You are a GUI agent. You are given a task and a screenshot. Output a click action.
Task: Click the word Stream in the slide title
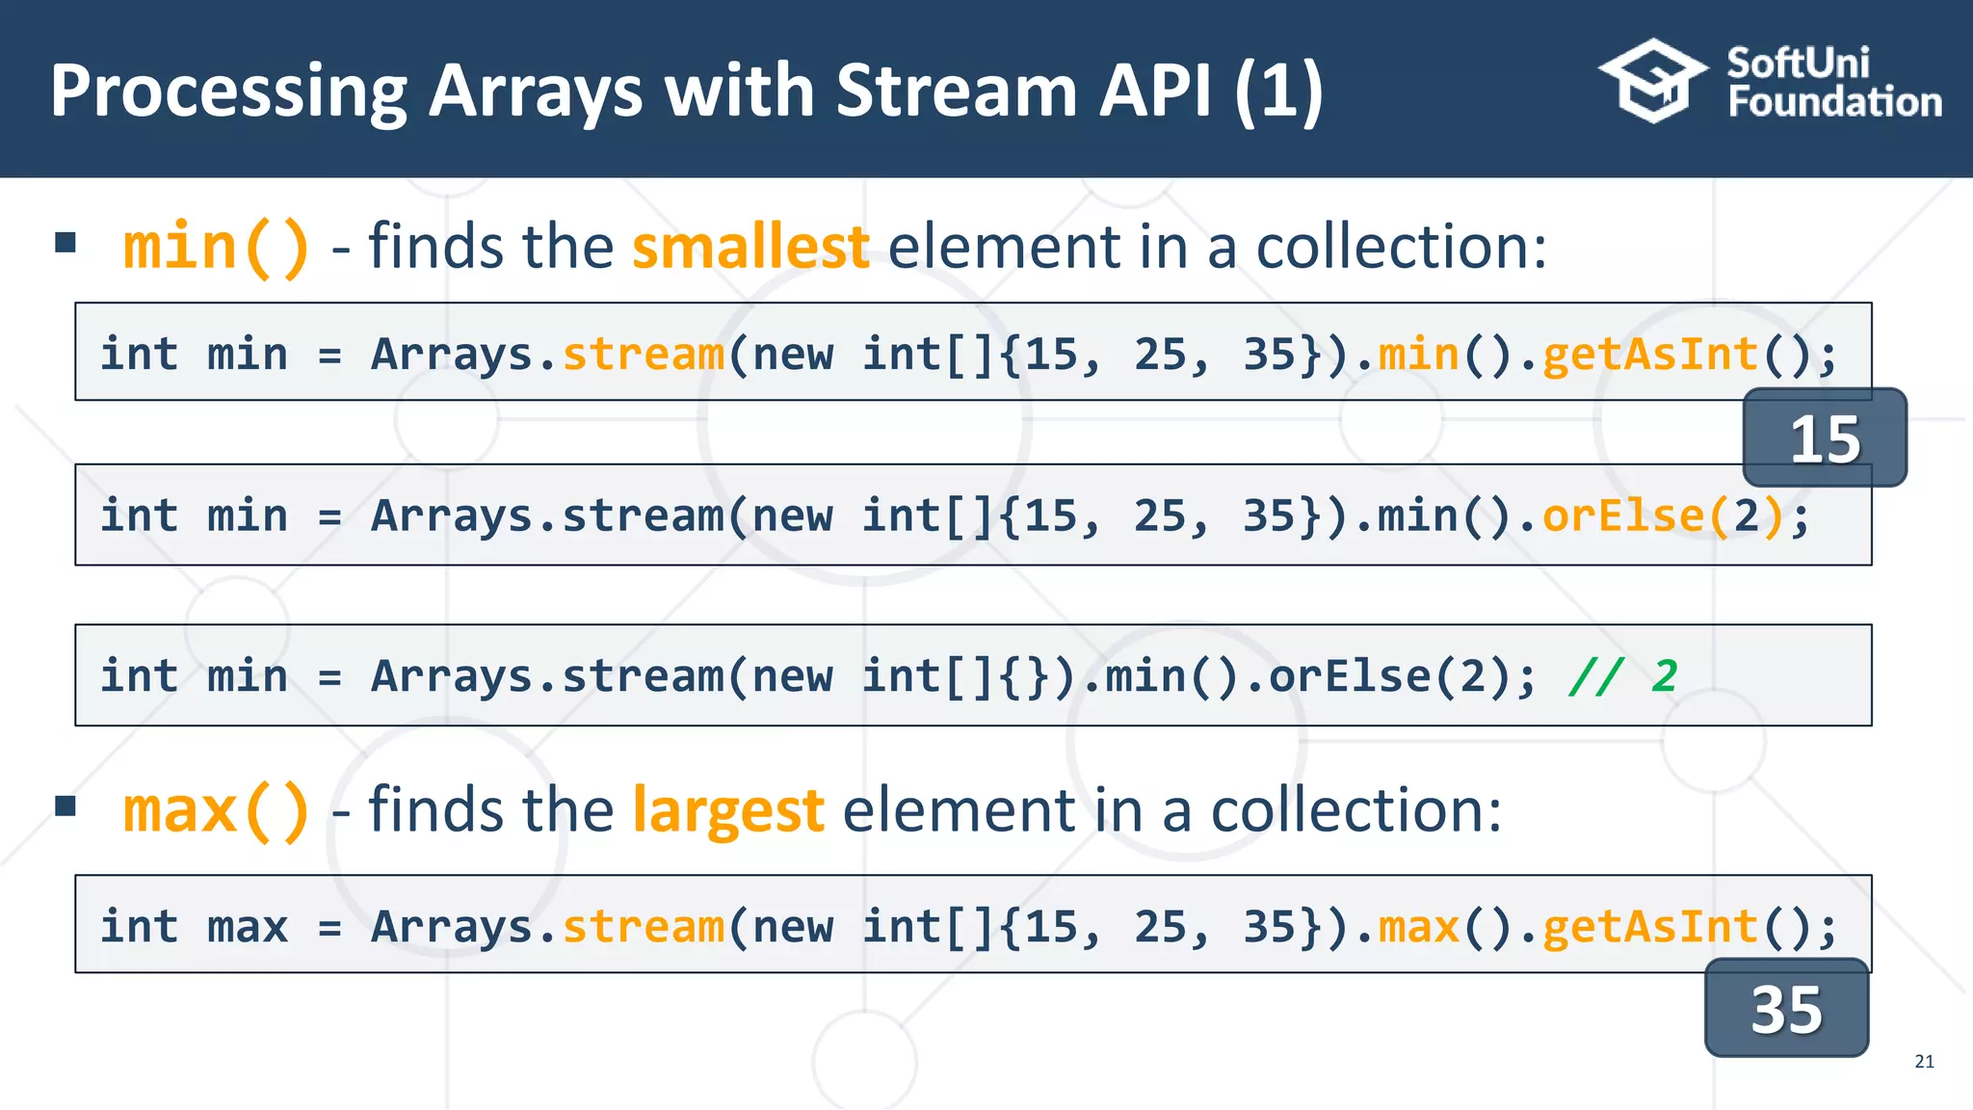pyautogui.click(x=958, y=91)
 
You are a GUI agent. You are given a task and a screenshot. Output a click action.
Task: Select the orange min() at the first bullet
pyautogui.click(x=216, y=247)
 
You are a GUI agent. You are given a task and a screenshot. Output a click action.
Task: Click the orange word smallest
pyautogui.click(x=750, y=247)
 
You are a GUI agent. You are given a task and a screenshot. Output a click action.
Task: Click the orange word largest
pyautogui.click(x=727, y=809)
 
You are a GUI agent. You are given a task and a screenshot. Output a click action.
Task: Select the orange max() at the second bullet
pyautogui.click(x=216, y=809)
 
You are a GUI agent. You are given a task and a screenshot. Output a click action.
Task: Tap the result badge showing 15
pyautogui.click(x=1824, y=438)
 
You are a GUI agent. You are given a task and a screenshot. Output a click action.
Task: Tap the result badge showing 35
pyautogui.click(x=1786, y=1009)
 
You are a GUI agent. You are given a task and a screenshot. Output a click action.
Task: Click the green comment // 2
pyautogui.click(x=1622, y=675)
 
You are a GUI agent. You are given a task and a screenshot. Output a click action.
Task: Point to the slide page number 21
pyautogui.click(x=1924, y=1061)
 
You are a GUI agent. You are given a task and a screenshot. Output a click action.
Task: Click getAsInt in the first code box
pyautogui.click(x=1650, y=354)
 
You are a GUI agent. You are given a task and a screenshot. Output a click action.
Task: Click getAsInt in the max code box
pyautogui.click(x=1650, y=926)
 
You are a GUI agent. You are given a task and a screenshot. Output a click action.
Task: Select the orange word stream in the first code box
pyautogui.click(x=643, y=354)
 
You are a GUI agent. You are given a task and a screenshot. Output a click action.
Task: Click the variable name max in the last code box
pyautogui.click(x=247, y=926)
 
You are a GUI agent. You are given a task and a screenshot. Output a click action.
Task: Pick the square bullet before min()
pyautogui.click(x=66, y=242)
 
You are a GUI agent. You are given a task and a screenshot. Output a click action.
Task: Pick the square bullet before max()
pyautogui.click(x=66, y=806)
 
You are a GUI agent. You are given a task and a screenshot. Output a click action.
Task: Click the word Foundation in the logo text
pyautogui.click(x=1834, y=102)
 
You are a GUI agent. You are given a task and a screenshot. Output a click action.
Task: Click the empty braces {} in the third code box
pyautogui.click(x=1023, y=675)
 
